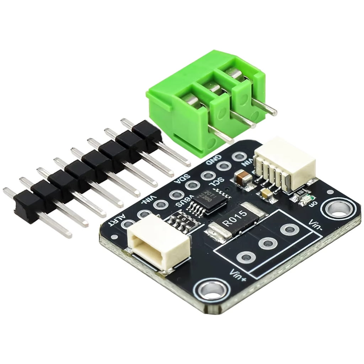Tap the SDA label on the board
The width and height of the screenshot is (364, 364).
click(x=182, y=178)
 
